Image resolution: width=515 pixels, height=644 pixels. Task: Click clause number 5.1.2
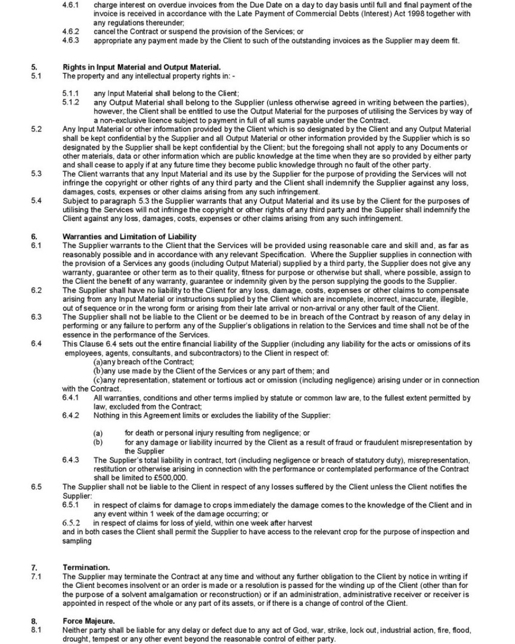coord(71,102)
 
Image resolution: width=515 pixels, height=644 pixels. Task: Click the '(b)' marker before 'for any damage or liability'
coord(98,442)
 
